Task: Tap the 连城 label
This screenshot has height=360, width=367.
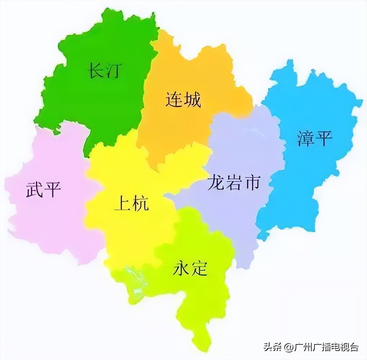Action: (183, 99)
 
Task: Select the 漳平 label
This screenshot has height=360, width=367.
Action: (314, 138)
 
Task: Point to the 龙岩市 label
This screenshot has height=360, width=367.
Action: (234, 183)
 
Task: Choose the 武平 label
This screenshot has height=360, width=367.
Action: (43, 189)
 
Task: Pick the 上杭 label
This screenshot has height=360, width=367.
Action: (131, 204)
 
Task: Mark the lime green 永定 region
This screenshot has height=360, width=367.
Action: (201, 299)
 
